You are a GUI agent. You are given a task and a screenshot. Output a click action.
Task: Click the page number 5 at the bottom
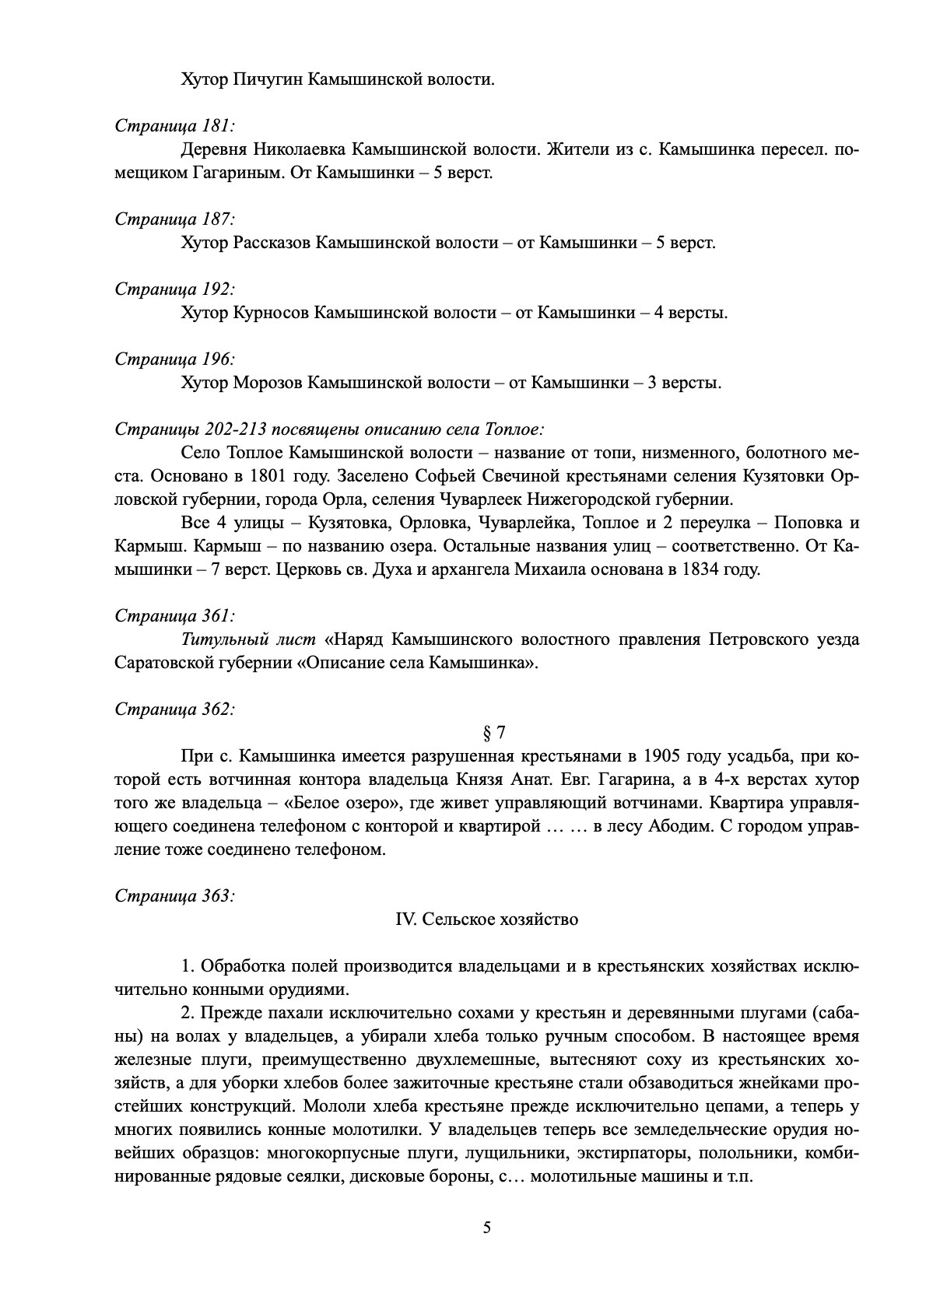tap(487, 1228)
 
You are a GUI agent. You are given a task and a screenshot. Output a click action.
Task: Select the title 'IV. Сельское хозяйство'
tap(487, 919)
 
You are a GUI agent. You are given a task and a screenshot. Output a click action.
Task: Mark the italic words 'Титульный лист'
tap(248, 639)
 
